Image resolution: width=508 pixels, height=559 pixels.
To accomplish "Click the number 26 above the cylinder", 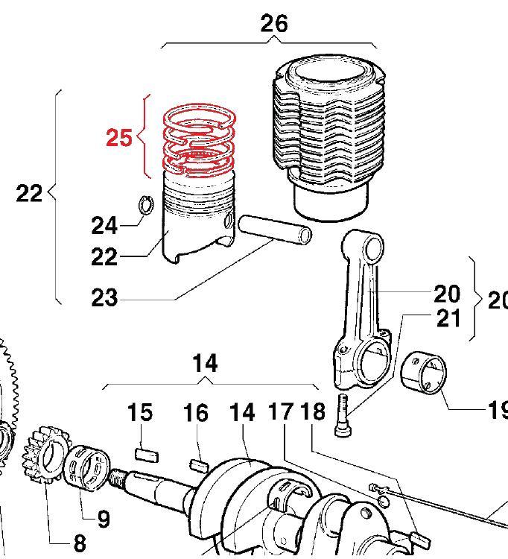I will coord(273,23).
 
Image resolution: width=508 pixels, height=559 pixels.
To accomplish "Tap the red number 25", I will coord(119,138).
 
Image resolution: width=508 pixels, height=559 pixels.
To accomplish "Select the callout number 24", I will coord(104,224).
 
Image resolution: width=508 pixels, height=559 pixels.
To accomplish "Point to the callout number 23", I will coord(104,298).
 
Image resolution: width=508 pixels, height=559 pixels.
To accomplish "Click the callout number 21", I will coord(448,318).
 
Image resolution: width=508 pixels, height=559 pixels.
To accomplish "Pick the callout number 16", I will coord(196,412).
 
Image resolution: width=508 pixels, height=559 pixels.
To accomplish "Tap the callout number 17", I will coord(282,411).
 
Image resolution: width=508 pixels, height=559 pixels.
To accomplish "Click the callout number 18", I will coord(314,411).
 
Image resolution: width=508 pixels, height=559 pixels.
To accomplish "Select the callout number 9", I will coord(103,518).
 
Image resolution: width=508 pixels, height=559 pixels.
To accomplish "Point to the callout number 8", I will coord(80,543).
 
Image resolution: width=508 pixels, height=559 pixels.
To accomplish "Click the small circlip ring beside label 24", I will coord(147,203).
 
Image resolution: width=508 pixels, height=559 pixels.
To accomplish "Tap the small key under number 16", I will coord(199,465).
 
